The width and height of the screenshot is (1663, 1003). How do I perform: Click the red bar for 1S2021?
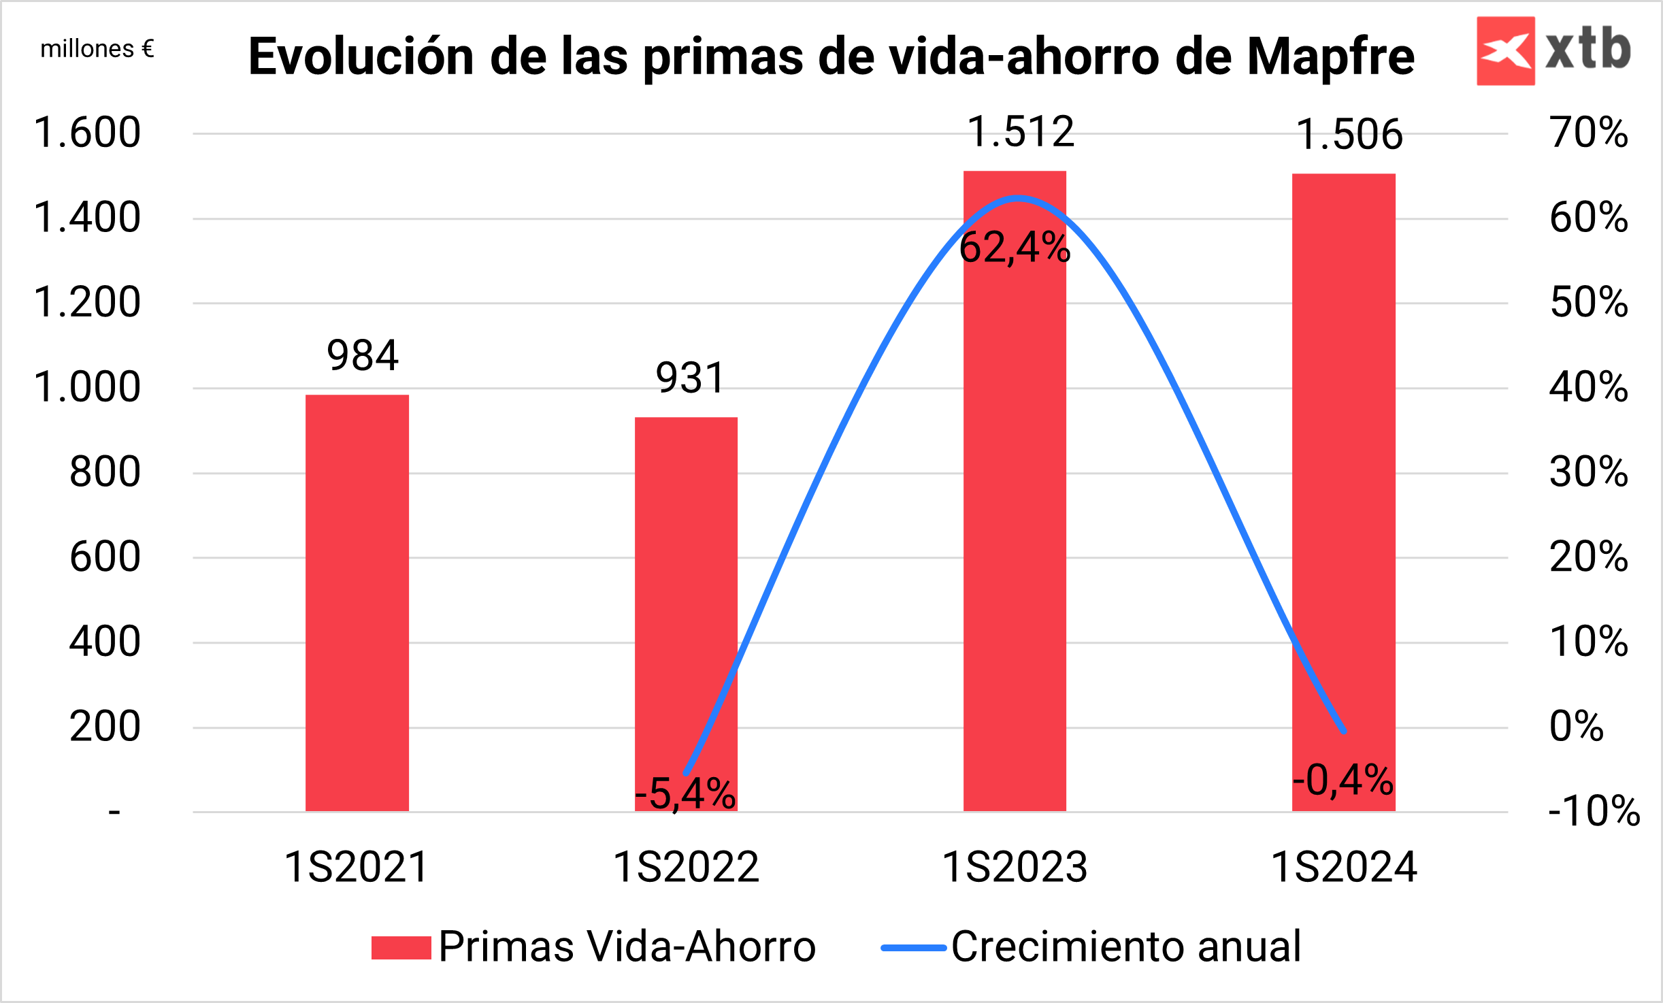click(x=357, y=602)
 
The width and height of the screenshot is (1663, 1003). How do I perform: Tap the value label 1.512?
click(x=1021, y=132)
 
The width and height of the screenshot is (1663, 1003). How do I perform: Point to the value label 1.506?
click(x=1349, y=135)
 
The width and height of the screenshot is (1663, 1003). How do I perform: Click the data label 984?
click(x=363, y=356)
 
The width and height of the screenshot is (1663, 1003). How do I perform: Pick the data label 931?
click(x=690, y=378)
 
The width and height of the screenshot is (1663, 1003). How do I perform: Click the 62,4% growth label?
click(x=1015, y=248)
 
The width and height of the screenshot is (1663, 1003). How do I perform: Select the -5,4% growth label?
click(x=685, y=793)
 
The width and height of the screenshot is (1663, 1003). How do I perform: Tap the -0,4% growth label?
click(x=1343, y=780)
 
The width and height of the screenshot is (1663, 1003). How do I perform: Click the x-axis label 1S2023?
click(x=1015, y=868)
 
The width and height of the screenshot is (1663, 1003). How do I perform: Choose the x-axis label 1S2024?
click(x=1344, y=868)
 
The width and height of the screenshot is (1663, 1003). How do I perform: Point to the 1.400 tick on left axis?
click(x=87, y=218)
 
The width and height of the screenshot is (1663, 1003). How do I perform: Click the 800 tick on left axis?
click(x=105, y=472)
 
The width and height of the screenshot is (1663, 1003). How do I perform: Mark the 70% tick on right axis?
click(x=1589, y=133)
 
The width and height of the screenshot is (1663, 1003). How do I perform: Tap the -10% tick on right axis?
click(x=1594, y=810)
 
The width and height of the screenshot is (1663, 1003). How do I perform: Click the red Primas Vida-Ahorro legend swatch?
click(x=401, y=948)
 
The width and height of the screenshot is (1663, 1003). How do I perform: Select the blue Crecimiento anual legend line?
click(x=913, y=948)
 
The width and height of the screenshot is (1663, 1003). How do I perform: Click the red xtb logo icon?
click(x=1505, y=51)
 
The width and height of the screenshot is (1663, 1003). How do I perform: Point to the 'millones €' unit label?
click(x=97, y=49)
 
